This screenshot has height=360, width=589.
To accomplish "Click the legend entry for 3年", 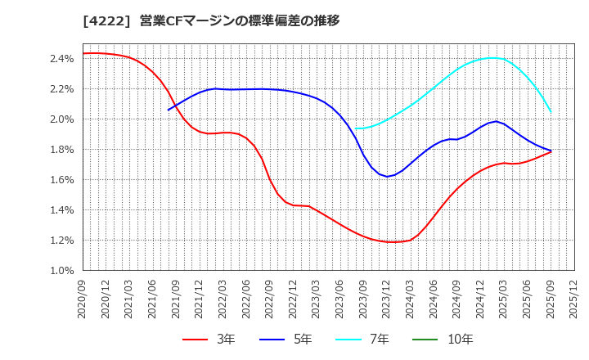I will tap(209, 340).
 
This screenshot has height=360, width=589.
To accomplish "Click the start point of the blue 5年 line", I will tap(169, 110).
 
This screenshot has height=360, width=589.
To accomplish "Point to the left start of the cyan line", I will tap(355, 128).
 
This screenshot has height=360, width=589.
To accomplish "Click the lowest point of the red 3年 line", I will tap(394, 242).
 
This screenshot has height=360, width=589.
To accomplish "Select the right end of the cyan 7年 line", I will tap(551, 112).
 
